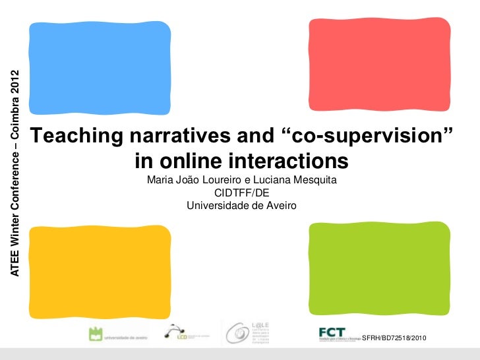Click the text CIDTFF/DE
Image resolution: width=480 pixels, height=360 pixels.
(x=241, y=193)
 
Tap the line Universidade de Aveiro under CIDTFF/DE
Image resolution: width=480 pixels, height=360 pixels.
(x=241, y=206)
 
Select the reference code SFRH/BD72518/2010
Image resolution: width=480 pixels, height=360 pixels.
(x=395, y=338)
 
